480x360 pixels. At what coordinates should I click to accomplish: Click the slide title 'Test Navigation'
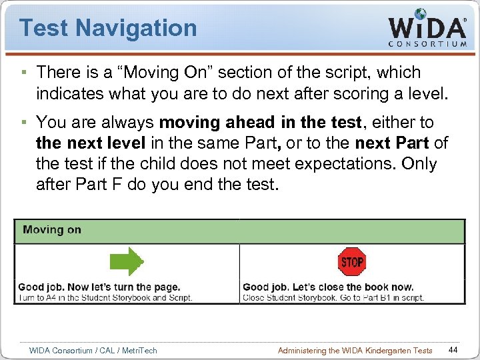coord(108,28)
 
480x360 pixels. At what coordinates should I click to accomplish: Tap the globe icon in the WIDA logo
coord(421,14)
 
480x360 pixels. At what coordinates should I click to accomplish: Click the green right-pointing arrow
coord(127,262)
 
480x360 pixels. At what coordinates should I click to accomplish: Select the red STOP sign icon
coord(352,262)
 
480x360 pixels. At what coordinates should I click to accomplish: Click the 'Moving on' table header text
coord(52,230)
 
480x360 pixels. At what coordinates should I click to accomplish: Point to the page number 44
coord(453,350)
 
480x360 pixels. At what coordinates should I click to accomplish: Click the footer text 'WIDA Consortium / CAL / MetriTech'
coord(93,351)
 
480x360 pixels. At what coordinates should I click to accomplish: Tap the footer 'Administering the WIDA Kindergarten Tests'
coord(355,351)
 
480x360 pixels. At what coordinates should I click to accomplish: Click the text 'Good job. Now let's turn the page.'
coord(99,287)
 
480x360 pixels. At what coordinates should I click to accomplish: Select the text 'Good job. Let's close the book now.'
coord(328,287)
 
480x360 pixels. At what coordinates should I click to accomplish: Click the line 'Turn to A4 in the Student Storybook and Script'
coord(105,297)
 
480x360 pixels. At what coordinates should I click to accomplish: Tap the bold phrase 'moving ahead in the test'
coord(263,123)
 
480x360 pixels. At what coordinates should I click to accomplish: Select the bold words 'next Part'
coord(392,143)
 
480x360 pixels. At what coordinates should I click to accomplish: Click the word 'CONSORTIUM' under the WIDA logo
coord(427,44)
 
